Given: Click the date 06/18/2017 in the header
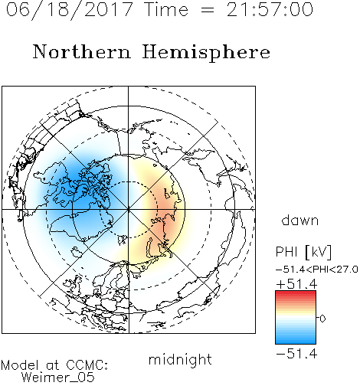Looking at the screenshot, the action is point(69,10).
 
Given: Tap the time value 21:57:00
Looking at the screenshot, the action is point(270,9).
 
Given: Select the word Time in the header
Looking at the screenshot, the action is point(167,9).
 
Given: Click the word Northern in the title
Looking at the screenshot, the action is point(82,51).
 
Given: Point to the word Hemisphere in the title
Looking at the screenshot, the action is point(206,53).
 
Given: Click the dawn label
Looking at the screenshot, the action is point(300,221).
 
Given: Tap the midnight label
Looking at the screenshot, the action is point(180,359).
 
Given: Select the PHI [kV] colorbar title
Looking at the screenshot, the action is point(303,252).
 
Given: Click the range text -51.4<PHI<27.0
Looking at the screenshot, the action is point(317,270).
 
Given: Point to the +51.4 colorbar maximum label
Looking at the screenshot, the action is point(296,284).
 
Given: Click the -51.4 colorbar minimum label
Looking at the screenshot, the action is point(296,354).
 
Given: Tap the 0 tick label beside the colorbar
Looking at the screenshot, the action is point(322,319).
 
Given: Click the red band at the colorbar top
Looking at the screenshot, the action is point(296,293).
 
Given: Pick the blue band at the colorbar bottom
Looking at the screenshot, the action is point(296,341).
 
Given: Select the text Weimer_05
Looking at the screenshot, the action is point(58,377).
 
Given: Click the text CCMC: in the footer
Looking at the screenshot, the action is point(87,365).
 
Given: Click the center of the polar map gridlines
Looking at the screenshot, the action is point(128,209).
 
